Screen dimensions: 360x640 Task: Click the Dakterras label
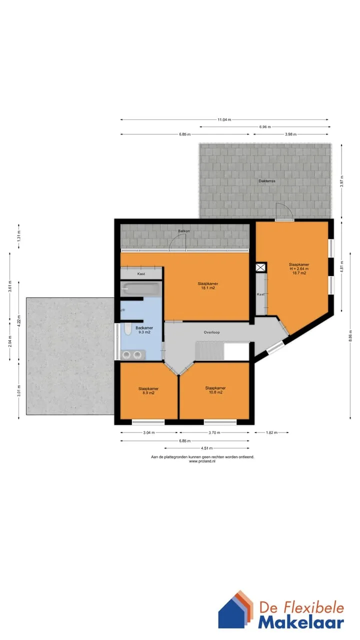[267, 181]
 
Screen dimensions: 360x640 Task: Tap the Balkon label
[184, 231]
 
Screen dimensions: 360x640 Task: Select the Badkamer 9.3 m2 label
[144, 330]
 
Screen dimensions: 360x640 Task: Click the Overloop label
[211, 332]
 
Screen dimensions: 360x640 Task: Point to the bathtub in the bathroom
[140, 289]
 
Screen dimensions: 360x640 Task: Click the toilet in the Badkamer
[127, 330]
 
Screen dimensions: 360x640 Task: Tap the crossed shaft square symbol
[260, 267]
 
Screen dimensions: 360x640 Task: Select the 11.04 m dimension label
[224, 119]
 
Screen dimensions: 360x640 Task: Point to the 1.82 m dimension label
[271, 432]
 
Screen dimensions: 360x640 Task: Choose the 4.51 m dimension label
[207, 448]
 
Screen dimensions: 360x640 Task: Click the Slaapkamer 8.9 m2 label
[148, 390]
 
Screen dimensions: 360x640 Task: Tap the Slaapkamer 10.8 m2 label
[215, 390]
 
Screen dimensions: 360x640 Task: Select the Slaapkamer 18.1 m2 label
[208, 285]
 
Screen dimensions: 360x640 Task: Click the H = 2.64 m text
[299, 269]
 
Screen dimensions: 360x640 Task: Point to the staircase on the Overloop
[209, 351]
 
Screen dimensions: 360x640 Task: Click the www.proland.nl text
[202, 461]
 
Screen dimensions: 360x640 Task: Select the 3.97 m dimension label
[342, 181]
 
